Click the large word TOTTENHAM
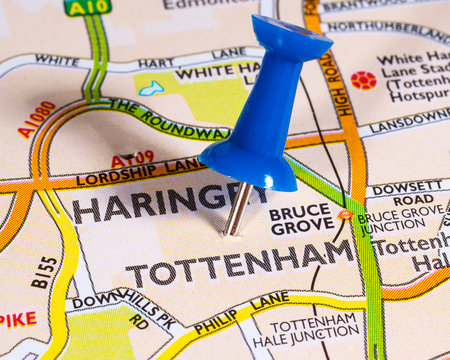pyautogui.click(x=240, y=262)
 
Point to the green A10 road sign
pyautogui.click(x=88, y=7)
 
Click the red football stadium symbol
pyautogui.click(x=363, y=80)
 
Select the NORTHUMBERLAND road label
pyautogui.click(x=384, y=27)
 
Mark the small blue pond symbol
pyautogui.click(x=151, y=89)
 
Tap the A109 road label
pyautogui.click(x=132, y=158)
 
